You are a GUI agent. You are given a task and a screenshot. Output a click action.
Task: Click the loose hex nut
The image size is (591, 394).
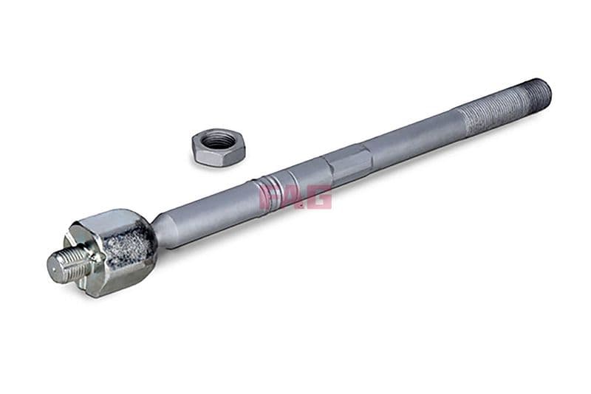pos(218,146)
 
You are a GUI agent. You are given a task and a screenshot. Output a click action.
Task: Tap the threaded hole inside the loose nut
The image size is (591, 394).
pos(218,139)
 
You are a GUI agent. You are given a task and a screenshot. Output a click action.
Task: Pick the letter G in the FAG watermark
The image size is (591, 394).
pos(319,196)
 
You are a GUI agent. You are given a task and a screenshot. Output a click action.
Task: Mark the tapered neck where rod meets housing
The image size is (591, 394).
pos(164,227)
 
